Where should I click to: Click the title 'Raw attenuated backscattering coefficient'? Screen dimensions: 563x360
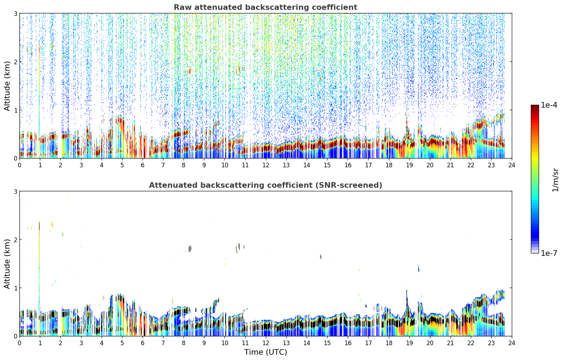[x=265, y=7]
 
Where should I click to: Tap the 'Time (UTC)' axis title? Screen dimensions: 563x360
[x=265, y=352]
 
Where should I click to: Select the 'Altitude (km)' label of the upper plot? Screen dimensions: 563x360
[x=7, y=86]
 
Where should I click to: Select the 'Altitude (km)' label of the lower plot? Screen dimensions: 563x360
[x=7, y=264]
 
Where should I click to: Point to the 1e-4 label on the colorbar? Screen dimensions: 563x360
[x=549, y=105]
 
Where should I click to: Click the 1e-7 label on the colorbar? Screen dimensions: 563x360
[x=549, y=253]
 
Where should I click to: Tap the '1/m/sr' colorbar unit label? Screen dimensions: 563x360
[x=555, y=180]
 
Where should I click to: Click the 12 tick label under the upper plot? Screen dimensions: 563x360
[x=266, y=165]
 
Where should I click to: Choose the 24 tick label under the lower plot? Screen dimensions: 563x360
[x=512, y=343]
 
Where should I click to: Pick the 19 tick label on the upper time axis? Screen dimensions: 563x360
[x=409, y=165]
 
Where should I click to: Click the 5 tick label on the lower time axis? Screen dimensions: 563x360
[x=122, y=343]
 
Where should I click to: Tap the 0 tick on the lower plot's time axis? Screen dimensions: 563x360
[x=20, y=343]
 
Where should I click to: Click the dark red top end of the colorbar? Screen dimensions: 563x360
[x=535, y=106]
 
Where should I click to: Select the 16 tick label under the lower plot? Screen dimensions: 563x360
[x=348, y=343]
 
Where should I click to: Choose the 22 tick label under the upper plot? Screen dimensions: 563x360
[x=471, y=165]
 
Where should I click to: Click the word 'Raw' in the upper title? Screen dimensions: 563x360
[x=182, y=7]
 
